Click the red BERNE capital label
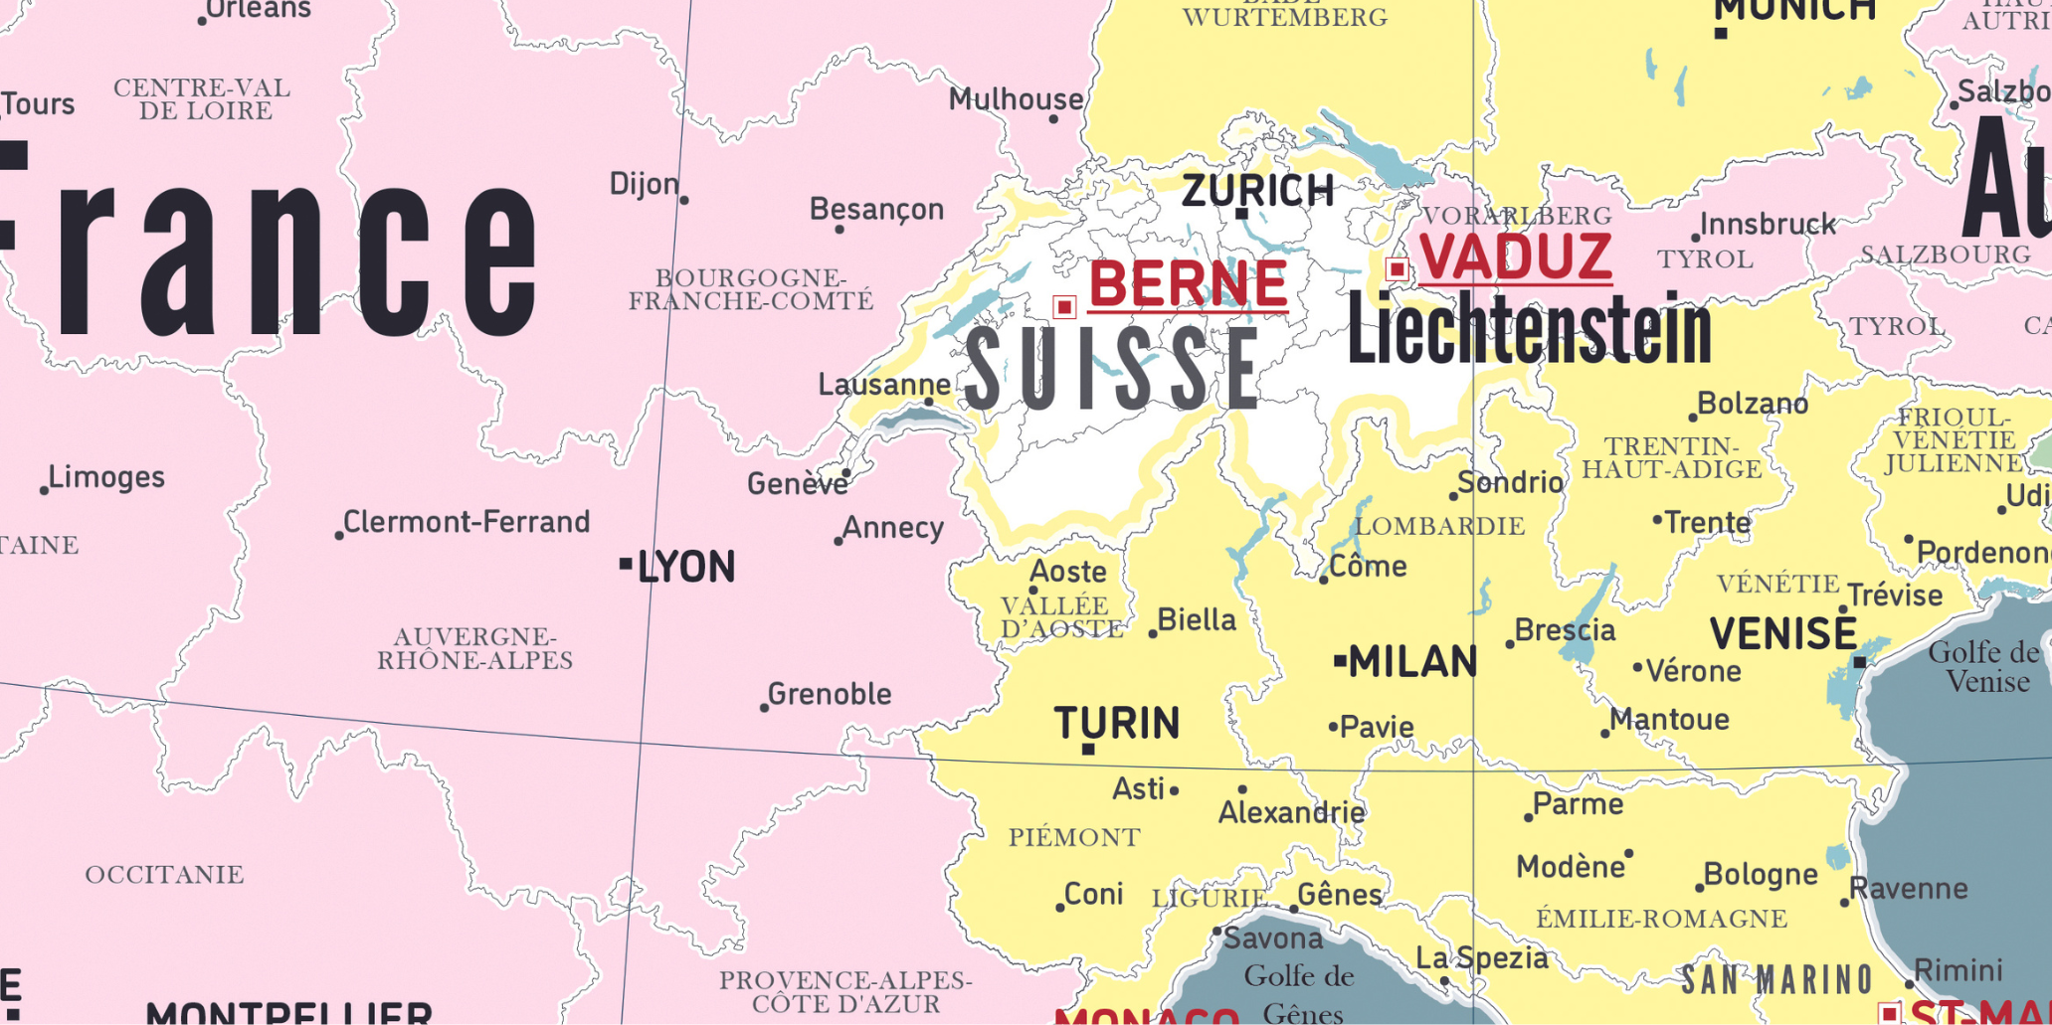1188,284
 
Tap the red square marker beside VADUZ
1397,268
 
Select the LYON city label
685,567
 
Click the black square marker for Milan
1340,660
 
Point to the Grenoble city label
829,694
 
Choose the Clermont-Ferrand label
466,522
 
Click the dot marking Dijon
684,200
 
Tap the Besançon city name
876,210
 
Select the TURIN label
1116,723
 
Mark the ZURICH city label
1257,190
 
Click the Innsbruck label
1768,225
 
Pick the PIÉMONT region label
1074,837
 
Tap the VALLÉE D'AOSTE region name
1060,617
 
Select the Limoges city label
106,477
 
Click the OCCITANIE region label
164,875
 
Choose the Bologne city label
1760,875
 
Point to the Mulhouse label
1015,99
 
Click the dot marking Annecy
839,541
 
